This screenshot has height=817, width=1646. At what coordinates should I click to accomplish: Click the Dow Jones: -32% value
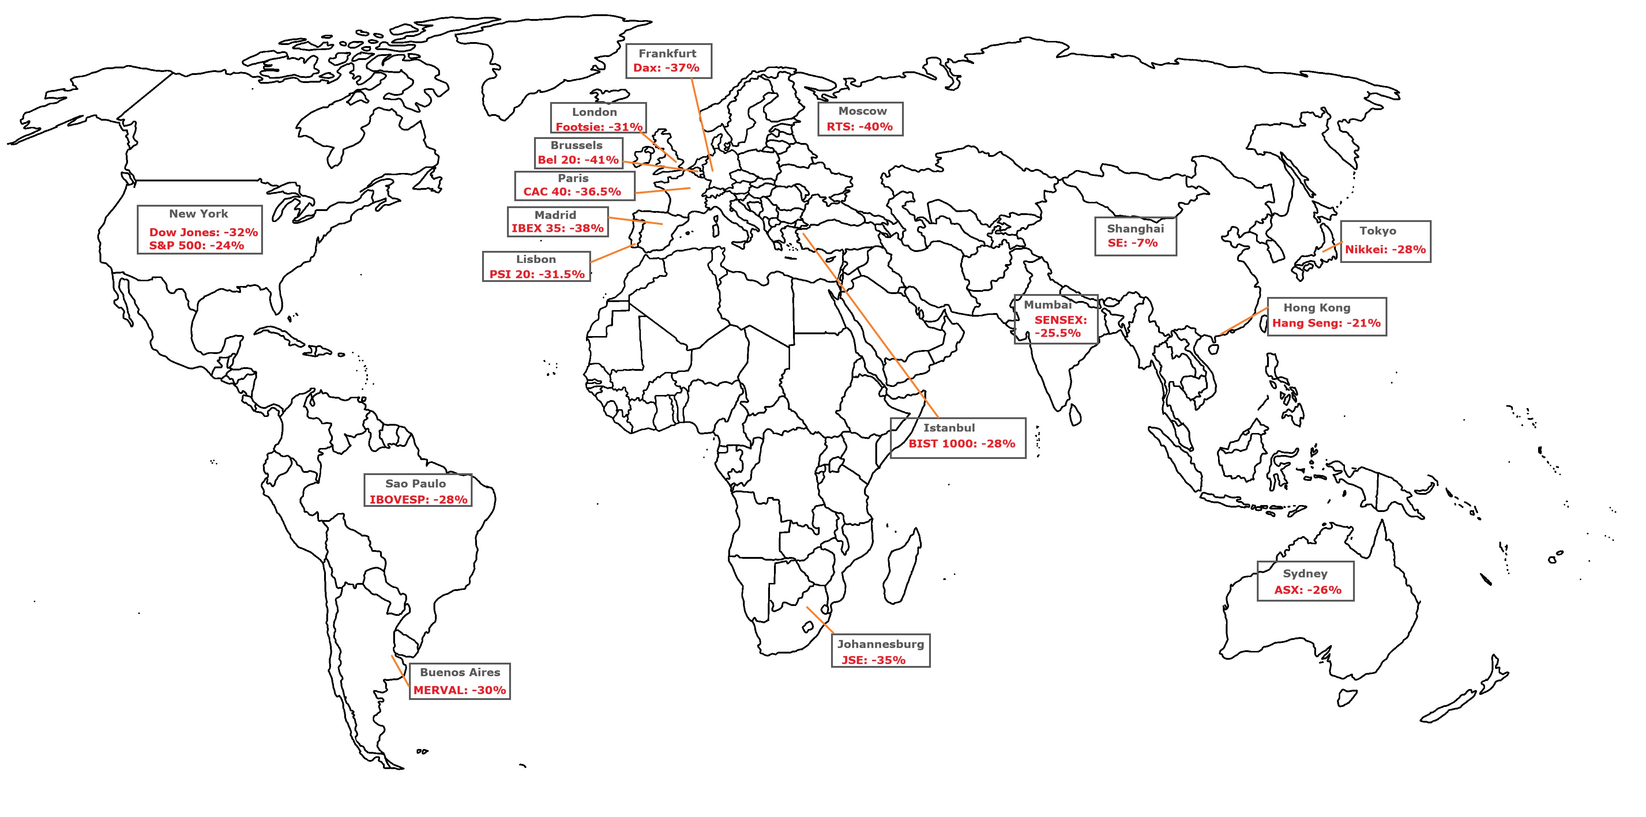coord(203,233)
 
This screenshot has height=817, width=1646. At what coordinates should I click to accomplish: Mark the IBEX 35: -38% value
coord(557,228)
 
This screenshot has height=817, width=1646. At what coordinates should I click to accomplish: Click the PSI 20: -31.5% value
coord(537,275)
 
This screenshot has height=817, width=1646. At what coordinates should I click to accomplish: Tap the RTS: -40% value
coord(860,127)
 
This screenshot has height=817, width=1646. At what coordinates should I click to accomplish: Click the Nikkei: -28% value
coord(1385,250)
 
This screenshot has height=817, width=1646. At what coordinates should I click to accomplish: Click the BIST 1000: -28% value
coord(962,444)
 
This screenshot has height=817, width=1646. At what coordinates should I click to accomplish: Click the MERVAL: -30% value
coord(459,690)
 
